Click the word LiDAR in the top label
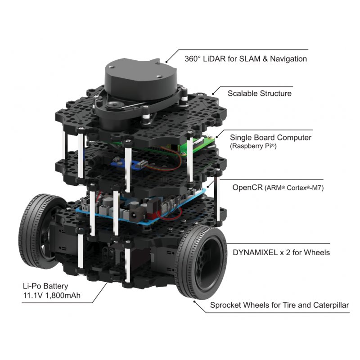pyautogui.click(x=216, y=58)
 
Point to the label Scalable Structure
pyautogui.click(x=259, y=94)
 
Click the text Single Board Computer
pyautogui.click(x=270, y=138)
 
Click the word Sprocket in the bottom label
pyautogui.click(x=225, y=305)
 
